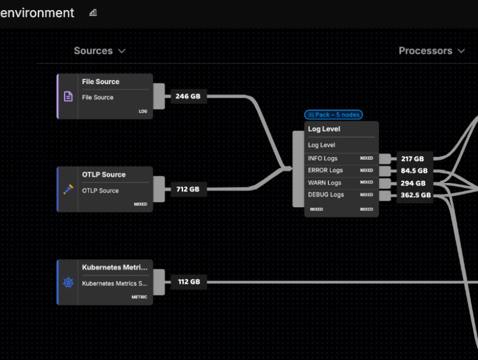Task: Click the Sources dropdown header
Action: (100, 51)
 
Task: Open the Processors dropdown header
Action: (431, 51)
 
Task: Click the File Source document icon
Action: (68, 96)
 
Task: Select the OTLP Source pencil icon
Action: (68, 189)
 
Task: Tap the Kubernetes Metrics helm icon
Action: (68, 282)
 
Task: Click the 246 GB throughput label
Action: (188, 96)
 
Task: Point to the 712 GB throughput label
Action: (188, 189)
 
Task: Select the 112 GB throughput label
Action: (188, 282)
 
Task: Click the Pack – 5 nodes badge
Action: (333, 115)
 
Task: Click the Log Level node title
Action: (324, 129)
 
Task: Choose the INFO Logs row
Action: (323, 158)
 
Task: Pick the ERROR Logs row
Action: (325, 171)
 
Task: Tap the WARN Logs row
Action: (325, 183)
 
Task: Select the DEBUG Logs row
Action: (326, 195)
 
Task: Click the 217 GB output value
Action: (412, 159)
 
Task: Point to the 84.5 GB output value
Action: (414, 171)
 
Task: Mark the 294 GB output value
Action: (413, 184)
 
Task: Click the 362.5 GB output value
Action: (415, 195)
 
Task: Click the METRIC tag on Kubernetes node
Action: (139, 297)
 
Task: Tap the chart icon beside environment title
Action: (93, 13)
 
